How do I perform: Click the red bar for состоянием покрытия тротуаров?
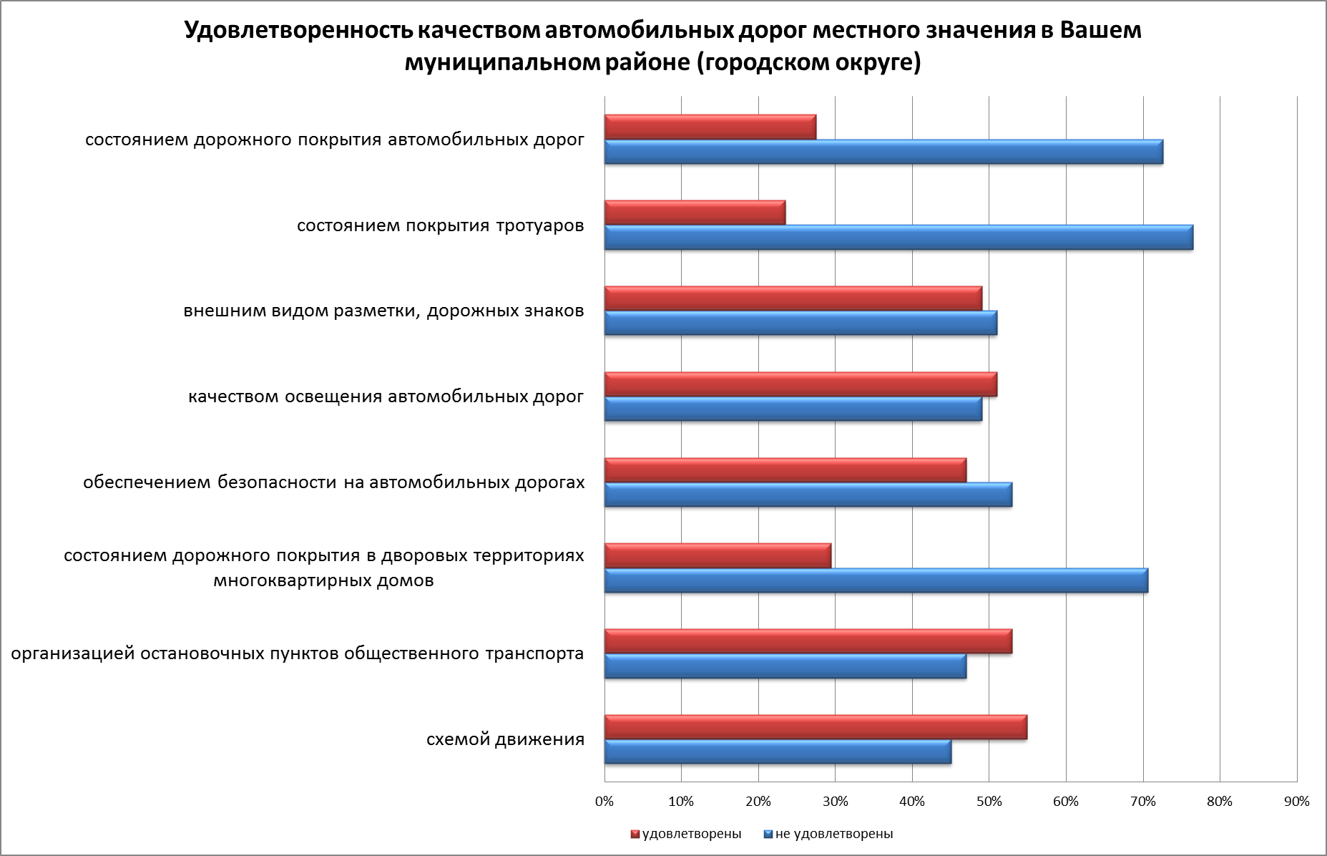695,213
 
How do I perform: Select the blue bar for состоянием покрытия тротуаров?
898,237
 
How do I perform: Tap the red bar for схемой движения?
816,727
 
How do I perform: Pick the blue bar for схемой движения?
778,752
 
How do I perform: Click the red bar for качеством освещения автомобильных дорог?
800,384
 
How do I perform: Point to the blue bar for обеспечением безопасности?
808,495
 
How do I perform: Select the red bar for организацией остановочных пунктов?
808,641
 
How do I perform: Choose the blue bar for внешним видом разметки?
800,323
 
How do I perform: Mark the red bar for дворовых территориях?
718,555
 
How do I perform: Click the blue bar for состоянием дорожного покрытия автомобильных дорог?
883,152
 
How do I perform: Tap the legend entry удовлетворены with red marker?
686,834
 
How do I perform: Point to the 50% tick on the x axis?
989,802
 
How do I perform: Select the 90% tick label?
1296,802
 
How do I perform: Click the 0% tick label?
604,802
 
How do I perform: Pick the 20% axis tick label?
758,802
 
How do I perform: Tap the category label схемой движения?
505,739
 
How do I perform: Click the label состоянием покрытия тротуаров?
440,226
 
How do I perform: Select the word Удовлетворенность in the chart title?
298,31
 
